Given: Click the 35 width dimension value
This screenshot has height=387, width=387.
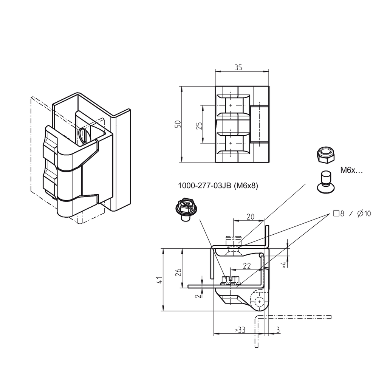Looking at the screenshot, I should (x=238, y=68).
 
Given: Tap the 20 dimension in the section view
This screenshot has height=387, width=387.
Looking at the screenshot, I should (x=250, y=217).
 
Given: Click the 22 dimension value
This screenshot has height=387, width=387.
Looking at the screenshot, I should (x=247, y=266).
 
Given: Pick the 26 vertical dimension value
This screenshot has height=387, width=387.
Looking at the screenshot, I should (x=178, y=272).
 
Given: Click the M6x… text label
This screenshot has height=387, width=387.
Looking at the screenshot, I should (x=351, y=170).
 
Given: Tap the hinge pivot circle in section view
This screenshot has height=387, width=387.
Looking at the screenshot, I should (x=259, y=302).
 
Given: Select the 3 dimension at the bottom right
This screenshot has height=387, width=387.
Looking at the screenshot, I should (x=278, y=330).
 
